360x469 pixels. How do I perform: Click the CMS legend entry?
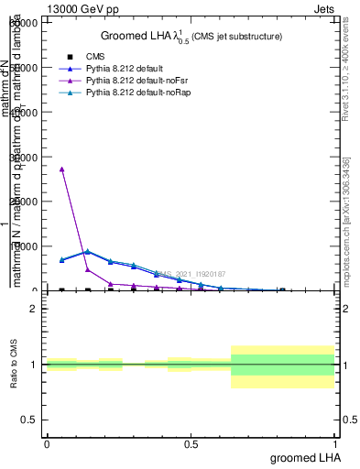point(90,57)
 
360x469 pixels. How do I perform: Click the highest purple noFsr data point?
point(61,169)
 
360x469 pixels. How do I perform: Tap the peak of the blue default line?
point(87,252)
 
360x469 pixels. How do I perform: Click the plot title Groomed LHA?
point(191,36)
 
